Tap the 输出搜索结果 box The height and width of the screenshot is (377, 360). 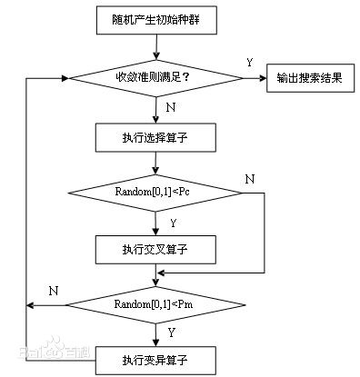click(309, 78)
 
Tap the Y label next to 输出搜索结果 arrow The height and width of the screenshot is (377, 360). click(249, 63)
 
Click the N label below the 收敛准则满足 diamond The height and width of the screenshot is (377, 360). click(170, 107)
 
